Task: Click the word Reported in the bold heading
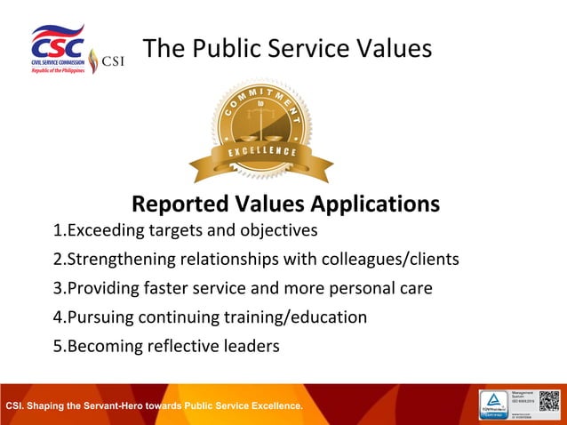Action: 181,204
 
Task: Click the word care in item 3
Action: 415,289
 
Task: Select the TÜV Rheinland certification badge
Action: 495,404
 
